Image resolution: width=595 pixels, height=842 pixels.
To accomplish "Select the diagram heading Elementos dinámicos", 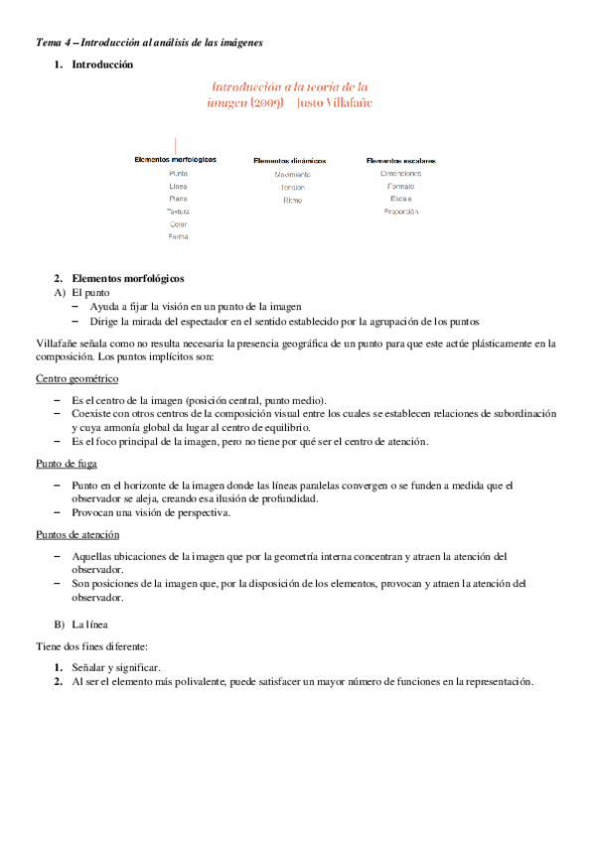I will [290, 160].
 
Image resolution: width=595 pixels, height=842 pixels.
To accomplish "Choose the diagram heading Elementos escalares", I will [401, 160].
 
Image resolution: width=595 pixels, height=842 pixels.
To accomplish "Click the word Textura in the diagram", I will [178, 211].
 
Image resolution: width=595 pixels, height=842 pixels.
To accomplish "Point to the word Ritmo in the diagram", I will [292, 200].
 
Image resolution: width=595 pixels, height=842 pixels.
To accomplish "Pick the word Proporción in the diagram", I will [401, 211].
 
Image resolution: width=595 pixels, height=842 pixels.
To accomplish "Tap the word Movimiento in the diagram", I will [293, 174].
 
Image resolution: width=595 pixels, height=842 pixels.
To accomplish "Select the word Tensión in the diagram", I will [292, 187].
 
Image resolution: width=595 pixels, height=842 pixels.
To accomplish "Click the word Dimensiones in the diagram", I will [401, 173].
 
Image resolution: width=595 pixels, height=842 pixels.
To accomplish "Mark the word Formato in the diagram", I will [401, 186].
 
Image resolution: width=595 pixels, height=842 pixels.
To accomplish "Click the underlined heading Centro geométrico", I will [77, 379].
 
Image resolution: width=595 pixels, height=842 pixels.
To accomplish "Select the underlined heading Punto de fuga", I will [68, 463].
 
